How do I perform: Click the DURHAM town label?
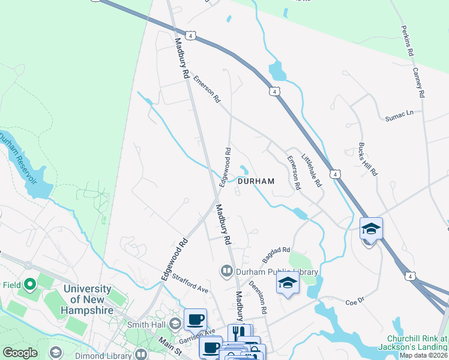point(256,181)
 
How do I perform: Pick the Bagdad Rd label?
point(276,256)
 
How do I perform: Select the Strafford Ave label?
point(190,284)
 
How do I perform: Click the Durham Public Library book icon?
point(227,272)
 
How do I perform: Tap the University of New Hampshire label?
point(87,299)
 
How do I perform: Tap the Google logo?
point(20,353)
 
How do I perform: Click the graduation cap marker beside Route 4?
point(371,229)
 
